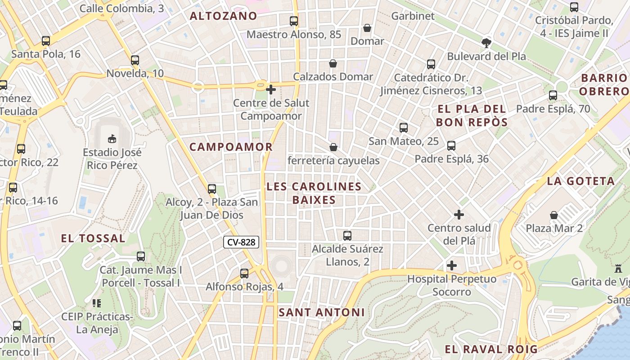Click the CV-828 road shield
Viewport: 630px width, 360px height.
pos(241,242)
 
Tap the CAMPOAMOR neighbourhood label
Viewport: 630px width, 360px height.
pos(231,147)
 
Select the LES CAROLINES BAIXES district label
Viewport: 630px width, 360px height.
pos(314,193)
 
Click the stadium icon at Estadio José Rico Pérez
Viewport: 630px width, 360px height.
pos(112,139)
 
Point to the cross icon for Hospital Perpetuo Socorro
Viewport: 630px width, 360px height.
pos(452,265)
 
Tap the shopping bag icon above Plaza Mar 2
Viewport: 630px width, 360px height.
pos(554,215)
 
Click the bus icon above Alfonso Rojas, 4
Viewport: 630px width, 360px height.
pos(244,273)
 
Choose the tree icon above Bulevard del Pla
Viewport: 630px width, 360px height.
pos(486,43)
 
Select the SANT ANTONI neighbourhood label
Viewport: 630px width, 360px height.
pos(321,312)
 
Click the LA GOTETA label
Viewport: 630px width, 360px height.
pos(581,181)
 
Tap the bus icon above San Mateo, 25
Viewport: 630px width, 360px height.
pos(404,128)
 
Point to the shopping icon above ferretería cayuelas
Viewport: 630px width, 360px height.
pos(333,147)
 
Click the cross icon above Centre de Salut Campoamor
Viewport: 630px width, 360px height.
pos(271,90)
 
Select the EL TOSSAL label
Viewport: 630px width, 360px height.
pos(93,238)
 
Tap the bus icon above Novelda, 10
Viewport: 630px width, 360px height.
pos(135,60)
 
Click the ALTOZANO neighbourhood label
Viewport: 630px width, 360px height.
pos(224,16)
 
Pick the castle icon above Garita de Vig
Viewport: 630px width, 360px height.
pos(618,269)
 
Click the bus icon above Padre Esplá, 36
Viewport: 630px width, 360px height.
pos(451,146)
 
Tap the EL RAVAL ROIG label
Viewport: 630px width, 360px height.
pos(491,349)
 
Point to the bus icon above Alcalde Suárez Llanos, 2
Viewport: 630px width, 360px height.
pos(347,235)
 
